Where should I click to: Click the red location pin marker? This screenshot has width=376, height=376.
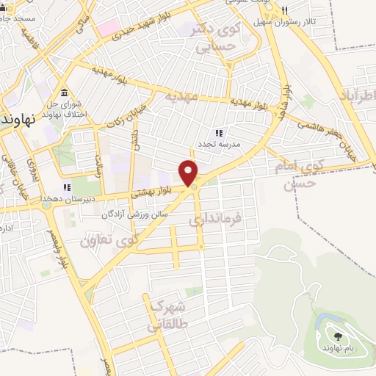tap(189, 173)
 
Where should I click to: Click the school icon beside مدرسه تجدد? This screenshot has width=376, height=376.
tap(218, 133)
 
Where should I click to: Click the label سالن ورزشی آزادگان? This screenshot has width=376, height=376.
tap(135, 215)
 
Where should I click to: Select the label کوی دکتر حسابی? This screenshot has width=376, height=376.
tap(220, 37)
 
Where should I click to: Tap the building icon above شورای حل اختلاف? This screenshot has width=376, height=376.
tap(65, 93)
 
